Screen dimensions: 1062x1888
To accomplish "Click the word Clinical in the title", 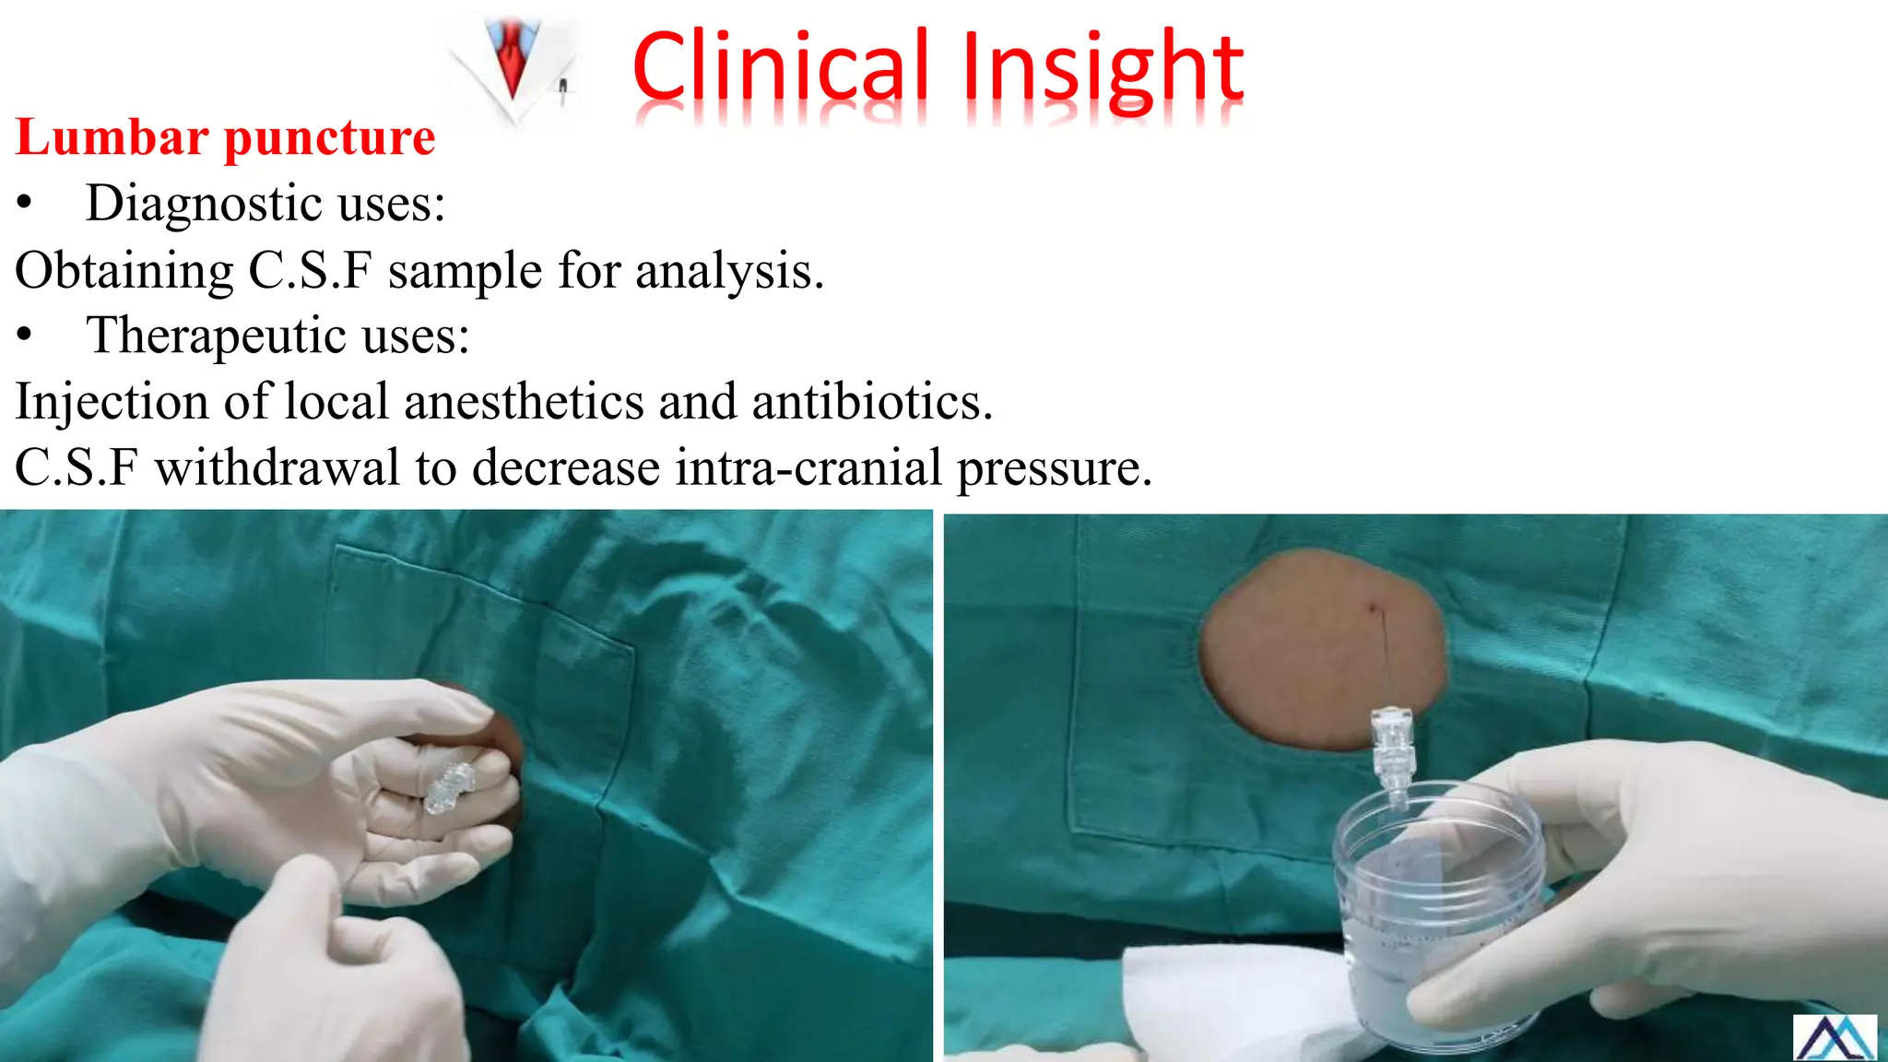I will pyautogui.click(x=780, y=66).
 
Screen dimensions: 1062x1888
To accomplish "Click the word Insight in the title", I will pyautogui.click(x=1103, y=68).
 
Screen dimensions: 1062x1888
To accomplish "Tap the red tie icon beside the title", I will pyautogui.click(x=513, y=60).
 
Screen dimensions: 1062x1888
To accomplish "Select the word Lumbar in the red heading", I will pyautogui.click(x=112, y=137).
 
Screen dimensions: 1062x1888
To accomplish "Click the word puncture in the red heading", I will pyautogui.click(x=329, y=139).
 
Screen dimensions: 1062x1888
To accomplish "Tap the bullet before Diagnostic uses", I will pyautogui.click(x=25, y=205).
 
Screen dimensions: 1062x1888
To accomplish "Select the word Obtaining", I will pyautogui.click(x=124, y=271).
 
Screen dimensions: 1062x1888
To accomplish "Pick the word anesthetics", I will pyautogui.click(x=571, y=402).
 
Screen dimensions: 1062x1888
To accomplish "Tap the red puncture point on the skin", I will pyautogui.click(x=1374, y=608).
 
